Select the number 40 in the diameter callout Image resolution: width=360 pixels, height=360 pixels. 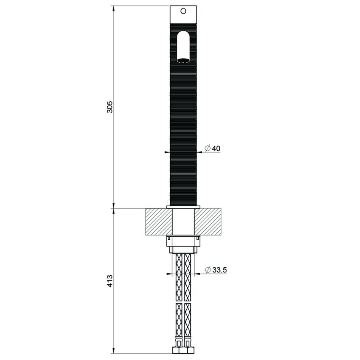point(216,148)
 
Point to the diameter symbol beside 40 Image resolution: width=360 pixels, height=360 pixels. point(208,148)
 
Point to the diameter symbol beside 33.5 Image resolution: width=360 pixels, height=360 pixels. point(208,270)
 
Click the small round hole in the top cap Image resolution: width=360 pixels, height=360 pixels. point(183,11)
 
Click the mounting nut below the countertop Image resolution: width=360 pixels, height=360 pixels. point(183,244)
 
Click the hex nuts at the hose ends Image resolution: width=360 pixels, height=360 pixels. point(183,351)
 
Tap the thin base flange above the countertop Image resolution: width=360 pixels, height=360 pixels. point(183,208)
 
